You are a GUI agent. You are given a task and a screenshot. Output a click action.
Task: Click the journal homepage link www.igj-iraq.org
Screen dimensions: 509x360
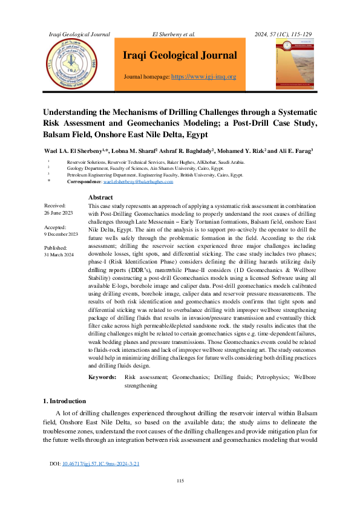coord(204,77)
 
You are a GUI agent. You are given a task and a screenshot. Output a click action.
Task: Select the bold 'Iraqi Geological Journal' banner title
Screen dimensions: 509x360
coord(180,56)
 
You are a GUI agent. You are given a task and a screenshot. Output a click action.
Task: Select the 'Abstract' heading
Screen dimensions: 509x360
coord(100,198)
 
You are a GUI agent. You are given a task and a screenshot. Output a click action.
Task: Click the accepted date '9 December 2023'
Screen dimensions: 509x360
coord(61,234)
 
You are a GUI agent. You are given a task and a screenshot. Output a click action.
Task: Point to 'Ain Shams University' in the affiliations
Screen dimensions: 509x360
coord(163,169)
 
